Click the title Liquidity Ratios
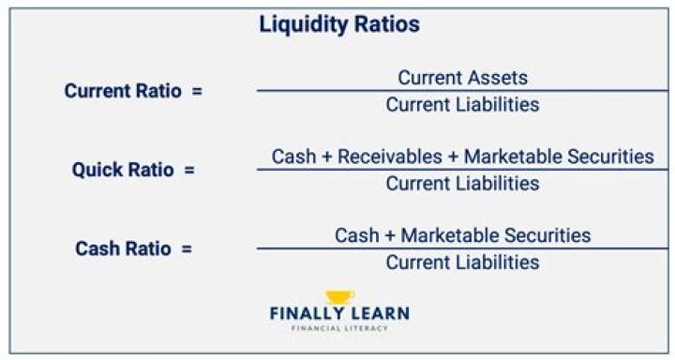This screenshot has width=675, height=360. click(338, 25)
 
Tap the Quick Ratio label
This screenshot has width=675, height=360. click(124, 171)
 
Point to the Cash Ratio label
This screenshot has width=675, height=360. click(123, 249)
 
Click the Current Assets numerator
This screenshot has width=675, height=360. click(462, 78)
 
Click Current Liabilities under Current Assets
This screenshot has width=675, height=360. click(462, 104)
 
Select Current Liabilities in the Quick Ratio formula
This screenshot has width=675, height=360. click(462, 183)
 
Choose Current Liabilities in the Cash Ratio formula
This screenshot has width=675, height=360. click(462, 262)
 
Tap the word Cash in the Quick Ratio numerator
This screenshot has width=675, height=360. click(293, 156)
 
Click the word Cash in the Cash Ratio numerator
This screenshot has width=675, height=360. click(356, 234)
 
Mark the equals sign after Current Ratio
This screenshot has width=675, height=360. click(196, 92)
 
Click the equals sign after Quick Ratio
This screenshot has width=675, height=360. click(190, 171)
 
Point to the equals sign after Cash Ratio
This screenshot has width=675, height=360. click(187, 249)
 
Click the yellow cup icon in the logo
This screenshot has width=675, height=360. click(339, 297)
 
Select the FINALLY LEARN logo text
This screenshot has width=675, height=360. click(339, 314)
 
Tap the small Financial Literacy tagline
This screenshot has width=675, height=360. click(339, 328)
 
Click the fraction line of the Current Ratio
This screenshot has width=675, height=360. click(462, 91)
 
